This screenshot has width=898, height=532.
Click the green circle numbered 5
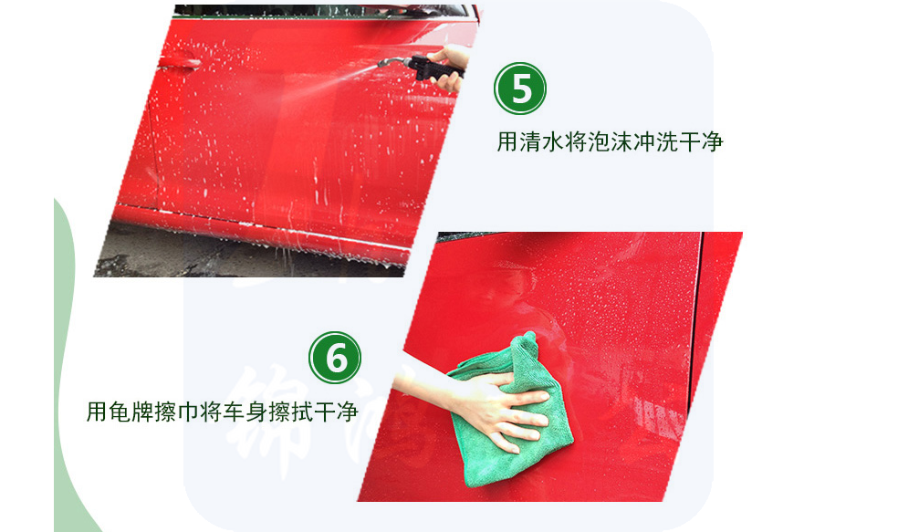click(x=520, y=89)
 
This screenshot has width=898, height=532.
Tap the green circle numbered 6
click(x=335, y=358)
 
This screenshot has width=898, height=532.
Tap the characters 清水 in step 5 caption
click(x=542, y=141)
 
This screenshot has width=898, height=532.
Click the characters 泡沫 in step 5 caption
click(x=610, y=141)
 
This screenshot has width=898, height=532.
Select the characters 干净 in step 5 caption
click(x=701, y=141)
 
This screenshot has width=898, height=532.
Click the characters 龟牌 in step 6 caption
click(x=131, y=412)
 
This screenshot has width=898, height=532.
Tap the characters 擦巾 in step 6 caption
click(x=176, y=412)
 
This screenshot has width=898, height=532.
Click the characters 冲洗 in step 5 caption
click(x=656, y=141)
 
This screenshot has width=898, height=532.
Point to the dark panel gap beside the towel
click(x=695, y=320)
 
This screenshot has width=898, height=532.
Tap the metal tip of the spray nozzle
click(x=381, y=64)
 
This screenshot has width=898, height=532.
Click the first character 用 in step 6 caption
click(x=98, y=412)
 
